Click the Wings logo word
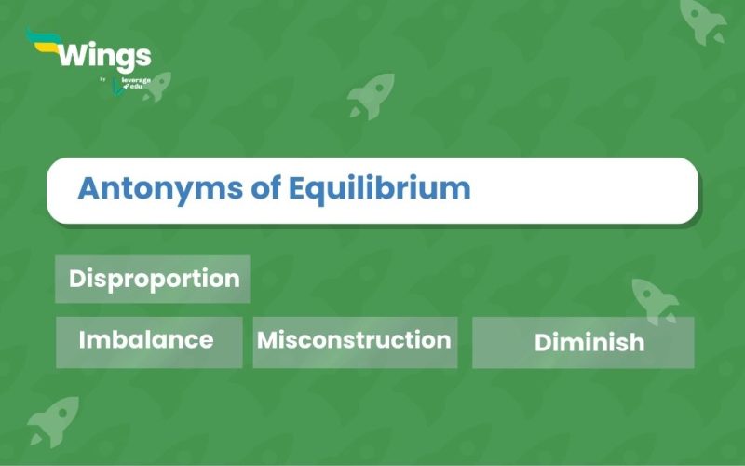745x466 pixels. (103, 57)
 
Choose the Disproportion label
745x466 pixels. (154, 279)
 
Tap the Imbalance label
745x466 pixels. (146, 339)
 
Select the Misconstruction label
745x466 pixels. (354, 339)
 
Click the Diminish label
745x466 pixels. (589, 342)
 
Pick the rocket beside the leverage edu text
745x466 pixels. (156, 86)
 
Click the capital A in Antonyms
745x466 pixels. (88, 188)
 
